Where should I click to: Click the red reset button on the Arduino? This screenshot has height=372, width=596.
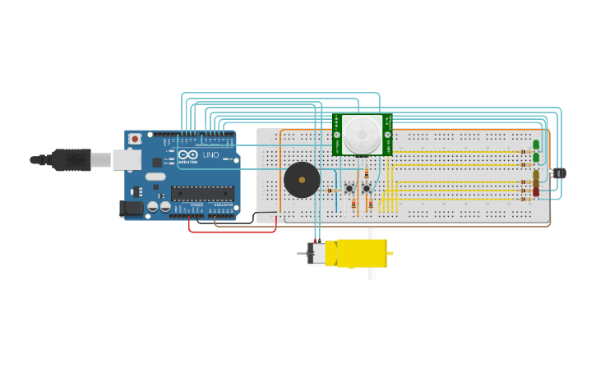click(135, 139)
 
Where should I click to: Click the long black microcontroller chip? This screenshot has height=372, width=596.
click(202, 194)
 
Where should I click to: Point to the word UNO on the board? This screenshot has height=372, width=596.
click(210, 155)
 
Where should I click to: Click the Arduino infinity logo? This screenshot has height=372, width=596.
click(188, 155)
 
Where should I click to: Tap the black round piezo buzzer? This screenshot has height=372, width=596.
click(302, 180)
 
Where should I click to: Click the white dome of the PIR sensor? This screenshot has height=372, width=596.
click(362, 134)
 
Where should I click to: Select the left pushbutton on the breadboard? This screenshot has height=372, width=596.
click(349, 188)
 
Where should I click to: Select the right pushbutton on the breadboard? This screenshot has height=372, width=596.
click(367, 188)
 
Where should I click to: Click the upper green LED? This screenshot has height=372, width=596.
click(536, 145)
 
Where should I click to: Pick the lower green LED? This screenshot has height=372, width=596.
click(536, 158)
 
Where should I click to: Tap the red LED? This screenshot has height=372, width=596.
click(536, 192)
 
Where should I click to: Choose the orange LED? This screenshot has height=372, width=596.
click(536, 183)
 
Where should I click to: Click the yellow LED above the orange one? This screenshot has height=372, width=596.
click(536, 174)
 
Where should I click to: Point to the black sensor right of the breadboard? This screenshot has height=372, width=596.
click(559, 173)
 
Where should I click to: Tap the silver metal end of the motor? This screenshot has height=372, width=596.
click(316, 253)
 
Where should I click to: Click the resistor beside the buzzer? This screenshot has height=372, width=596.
click(332, 191)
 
